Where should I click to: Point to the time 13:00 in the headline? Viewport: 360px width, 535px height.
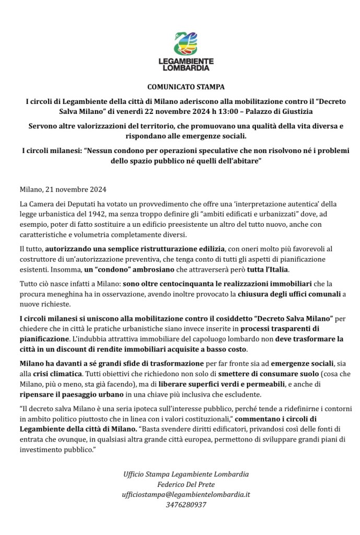(237, 111)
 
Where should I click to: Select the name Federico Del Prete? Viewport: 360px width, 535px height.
(186, 484)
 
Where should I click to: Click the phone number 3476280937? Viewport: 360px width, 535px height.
(186, 505)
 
